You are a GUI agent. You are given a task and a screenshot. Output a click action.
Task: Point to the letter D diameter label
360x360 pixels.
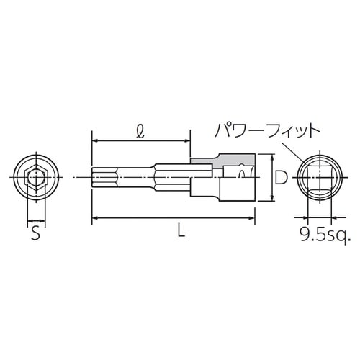pyautogui.click(x=282, y=177)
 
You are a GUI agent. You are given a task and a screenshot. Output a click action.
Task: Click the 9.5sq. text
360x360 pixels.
pyautogui.click(x=324, y=233)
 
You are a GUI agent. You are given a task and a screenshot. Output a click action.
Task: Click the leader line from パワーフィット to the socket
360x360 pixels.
pyautogui.click(x=289, y=149)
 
